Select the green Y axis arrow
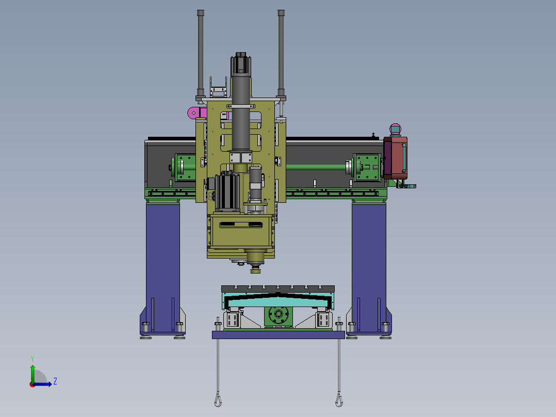point(32,374)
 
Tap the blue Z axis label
point(55,381)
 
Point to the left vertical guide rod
point(200,53)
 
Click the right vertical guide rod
point(281,53)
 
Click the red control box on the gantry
point(396,158)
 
